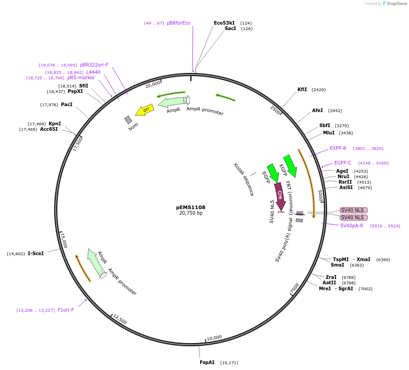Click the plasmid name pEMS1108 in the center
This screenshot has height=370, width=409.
coord(191,207)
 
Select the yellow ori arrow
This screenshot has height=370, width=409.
coord(144,110)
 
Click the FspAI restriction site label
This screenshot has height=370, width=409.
coord(207,363)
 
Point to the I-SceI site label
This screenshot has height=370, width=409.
coord(36,253)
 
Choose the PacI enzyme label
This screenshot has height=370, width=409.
coord(66,105)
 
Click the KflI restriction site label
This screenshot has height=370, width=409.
coord(302,90)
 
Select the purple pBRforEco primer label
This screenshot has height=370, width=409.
coord(178,23)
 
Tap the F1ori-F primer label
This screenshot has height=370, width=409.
coord(66,310)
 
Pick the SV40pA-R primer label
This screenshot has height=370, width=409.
coord(352,226)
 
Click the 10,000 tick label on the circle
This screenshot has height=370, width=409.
coord(214,338)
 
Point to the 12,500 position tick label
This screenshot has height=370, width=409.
coord(120,319)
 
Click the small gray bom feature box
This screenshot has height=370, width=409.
coord(128,120)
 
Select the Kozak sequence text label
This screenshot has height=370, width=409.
coord(244,179)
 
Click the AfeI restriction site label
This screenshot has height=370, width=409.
coord(317,111)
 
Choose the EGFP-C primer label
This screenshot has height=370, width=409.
coord(343,163)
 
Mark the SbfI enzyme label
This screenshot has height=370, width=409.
coord(324,125)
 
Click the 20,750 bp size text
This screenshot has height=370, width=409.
coord(191,213)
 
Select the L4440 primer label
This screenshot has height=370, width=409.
coord(93,72)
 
